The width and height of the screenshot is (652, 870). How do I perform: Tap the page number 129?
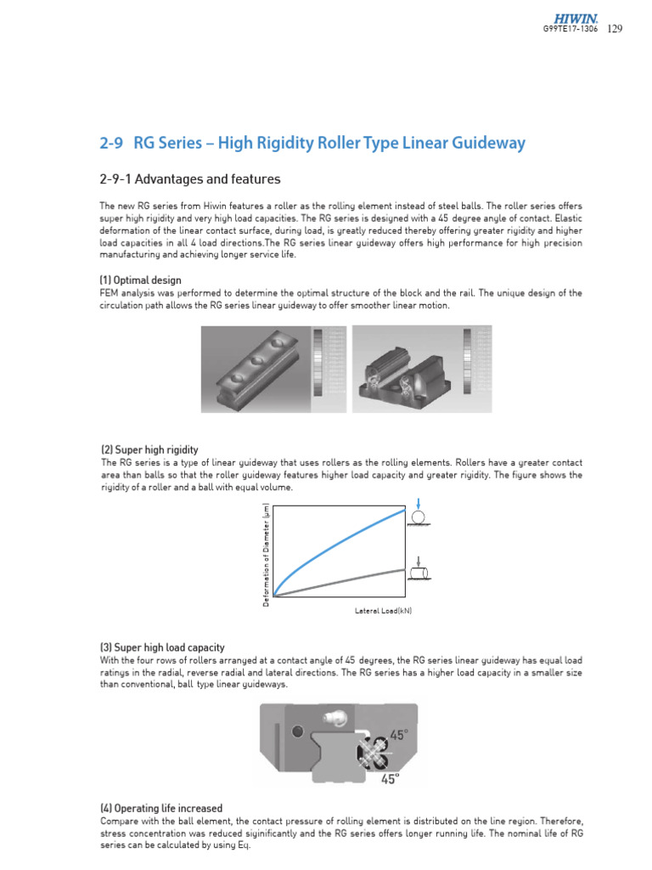[x=615, y=29]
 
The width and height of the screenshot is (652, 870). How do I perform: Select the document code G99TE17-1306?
[x=570, y=29]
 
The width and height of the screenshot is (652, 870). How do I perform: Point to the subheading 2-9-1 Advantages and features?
[x=190, y=179]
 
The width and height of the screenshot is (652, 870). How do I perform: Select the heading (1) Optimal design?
[x=141, y=280]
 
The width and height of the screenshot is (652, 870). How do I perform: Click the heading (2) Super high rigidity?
[x=149, y=449]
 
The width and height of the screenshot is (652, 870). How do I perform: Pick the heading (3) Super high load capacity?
[x=162, y=647]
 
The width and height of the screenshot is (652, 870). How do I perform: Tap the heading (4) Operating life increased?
[x=161, y=809]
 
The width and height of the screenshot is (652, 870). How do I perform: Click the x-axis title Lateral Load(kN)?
[x=383, y=611]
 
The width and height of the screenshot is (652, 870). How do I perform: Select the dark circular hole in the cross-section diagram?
[x=296, y=731]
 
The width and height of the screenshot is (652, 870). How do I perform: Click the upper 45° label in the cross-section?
[x=400, y=734]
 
